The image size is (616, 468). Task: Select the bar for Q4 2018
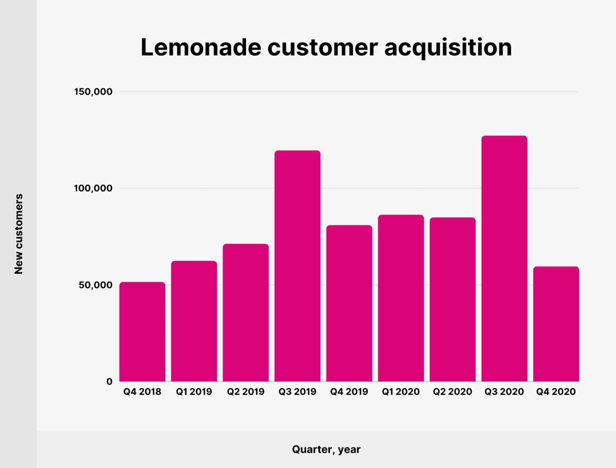[142, 332]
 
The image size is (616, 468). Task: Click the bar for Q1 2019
[194, 321]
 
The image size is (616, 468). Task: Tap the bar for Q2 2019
[245, 313]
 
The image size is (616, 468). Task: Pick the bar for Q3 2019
[297, 266]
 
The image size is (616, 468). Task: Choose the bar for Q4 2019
[349, 304]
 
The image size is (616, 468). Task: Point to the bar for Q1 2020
[401, 298]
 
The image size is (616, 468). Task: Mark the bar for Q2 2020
[452, 300]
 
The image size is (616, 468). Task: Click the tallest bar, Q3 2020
[504, 259]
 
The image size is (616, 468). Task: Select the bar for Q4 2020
[556, 324]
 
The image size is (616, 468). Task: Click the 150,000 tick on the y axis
[93, 91]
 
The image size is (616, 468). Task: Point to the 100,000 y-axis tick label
[93, 188]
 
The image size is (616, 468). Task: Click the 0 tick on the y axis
[109, 381]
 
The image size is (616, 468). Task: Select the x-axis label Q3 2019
[297, 392]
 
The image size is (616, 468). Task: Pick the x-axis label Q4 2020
[556, 392]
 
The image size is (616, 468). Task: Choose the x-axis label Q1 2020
[401, 392]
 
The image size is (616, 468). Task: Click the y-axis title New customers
[19, 234]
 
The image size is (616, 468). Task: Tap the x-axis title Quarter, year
[326, 449]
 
